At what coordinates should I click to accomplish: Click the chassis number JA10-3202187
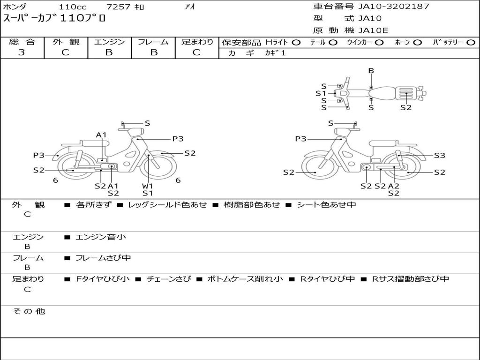(394, 6)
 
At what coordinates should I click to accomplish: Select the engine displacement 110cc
(73, 7)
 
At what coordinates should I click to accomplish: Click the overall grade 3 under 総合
(22, 52)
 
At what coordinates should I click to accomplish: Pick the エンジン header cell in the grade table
(109, 42)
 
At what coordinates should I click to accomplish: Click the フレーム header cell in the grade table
(153, 42)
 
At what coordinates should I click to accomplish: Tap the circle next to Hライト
(296, 43)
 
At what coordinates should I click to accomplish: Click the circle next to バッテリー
(471, 43)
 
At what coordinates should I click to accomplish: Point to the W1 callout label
(147, 186)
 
